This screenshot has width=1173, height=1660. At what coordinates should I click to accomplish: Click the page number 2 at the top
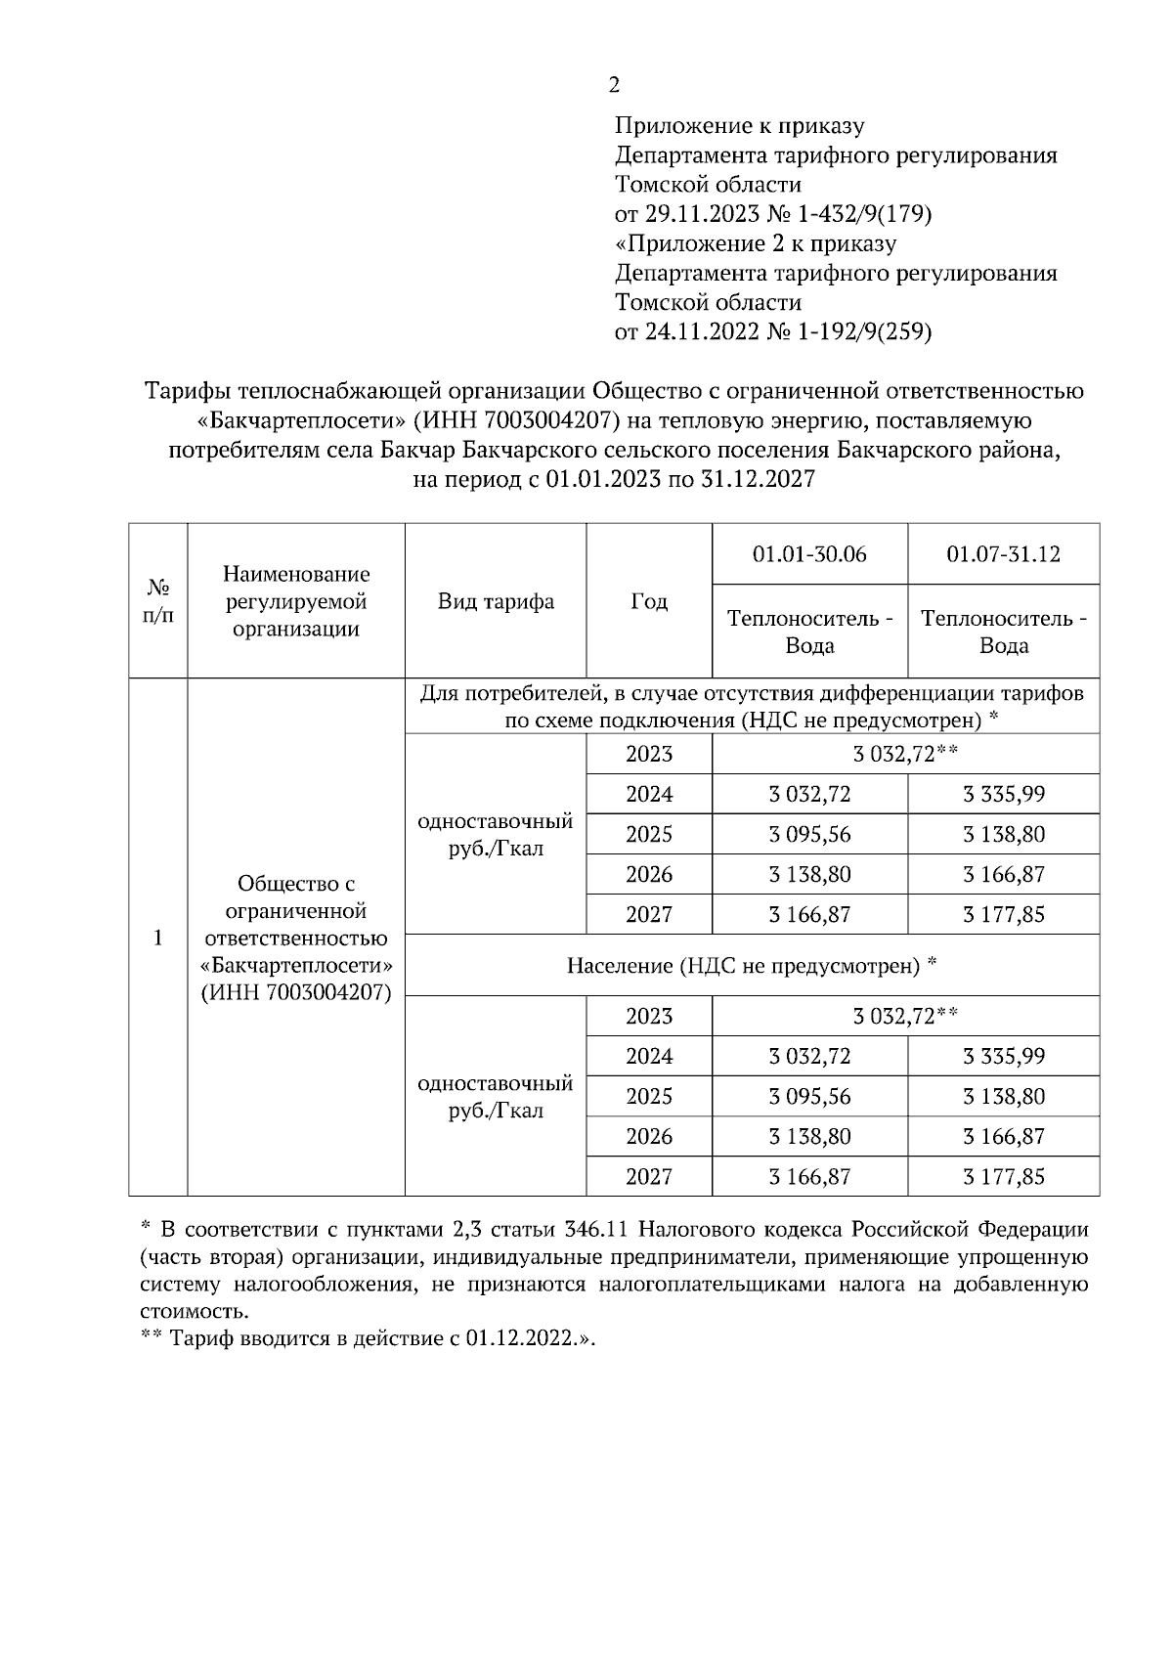[614, 85]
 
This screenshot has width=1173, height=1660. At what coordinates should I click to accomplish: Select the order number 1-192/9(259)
[865, 331]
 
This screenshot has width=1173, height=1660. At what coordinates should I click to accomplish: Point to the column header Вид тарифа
[496, 601]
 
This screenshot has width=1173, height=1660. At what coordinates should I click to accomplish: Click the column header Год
[649, 601]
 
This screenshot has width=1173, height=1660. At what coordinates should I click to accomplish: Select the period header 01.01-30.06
[809, 554]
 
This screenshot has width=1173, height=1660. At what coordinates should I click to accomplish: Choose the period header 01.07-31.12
[1003, 554]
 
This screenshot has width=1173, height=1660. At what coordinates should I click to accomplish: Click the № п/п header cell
[158, 602]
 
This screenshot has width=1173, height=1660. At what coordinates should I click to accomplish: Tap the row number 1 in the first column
[158, 938]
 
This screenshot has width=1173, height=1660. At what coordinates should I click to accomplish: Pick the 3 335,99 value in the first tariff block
[1003, 794]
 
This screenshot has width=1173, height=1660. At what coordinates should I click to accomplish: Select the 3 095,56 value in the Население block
[809, 1097]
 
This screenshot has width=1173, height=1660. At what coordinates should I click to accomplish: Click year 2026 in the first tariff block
[649, 874]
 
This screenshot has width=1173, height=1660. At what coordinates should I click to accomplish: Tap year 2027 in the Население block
[649, 1176]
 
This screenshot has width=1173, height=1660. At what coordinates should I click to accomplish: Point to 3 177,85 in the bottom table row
[1003, 1176]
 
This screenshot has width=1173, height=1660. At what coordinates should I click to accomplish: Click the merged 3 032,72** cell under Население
[904, 1016]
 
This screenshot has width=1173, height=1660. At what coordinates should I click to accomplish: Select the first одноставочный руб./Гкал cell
[496, 835]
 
